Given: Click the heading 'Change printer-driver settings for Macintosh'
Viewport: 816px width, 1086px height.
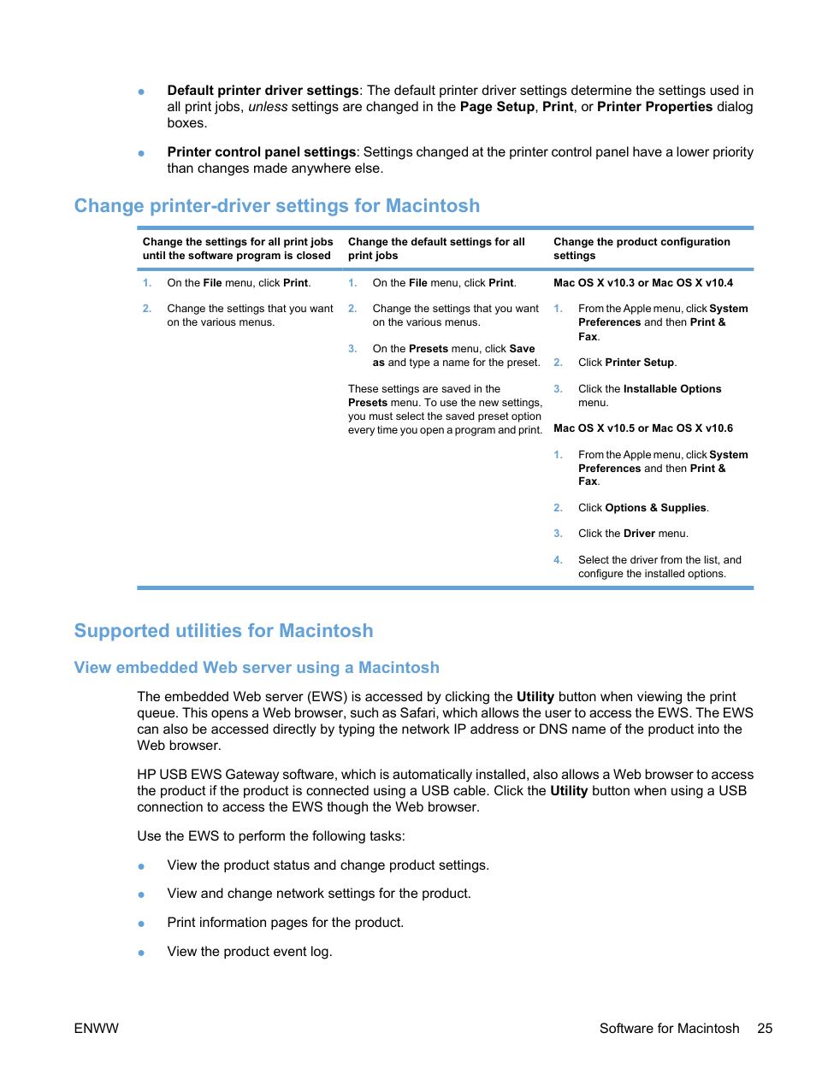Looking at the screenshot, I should point(276,206).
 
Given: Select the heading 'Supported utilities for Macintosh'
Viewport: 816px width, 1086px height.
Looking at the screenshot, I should point(223,631).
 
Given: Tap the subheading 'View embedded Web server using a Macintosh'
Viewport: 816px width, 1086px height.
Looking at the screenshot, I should point(257,668).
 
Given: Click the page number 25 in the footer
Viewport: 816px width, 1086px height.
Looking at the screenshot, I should point(765,1029).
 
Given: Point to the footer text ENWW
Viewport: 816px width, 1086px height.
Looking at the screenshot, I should point(96,1029).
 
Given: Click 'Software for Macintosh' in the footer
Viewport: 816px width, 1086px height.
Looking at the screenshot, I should point(669,1029).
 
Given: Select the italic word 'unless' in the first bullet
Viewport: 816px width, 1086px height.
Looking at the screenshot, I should point(268,107).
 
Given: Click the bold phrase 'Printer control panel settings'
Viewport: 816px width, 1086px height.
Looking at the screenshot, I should point(261,152).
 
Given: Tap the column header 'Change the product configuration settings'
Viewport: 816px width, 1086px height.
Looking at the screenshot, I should point(642,249).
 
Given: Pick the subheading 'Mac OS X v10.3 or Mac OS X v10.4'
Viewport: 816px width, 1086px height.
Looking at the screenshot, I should point(643,283).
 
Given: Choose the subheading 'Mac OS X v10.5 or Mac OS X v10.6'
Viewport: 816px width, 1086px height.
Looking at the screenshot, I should point(643,428).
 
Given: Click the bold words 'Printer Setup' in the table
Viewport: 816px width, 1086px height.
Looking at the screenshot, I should point(640,363).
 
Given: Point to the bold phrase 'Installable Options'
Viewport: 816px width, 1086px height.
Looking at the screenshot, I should point(672,389).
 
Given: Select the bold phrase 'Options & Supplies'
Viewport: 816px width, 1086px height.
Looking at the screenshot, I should point(655,508).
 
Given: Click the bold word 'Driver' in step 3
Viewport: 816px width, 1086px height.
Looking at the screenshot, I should point(639,534).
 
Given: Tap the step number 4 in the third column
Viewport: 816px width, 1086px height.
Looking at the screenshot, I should point(558,560).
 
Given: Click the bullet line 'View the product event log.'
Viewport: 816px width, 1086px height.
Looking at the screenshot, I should point(250,952).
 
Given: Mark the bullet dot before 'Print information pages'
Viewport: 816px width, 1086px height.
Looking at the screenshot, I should point(141,924).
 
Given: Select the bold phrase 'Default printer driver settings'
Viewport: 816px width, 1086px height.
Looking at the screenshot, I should point(263,91).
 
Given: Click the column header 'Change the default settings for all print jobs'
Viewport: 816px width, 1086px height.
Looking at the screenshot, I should point(436,249).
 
